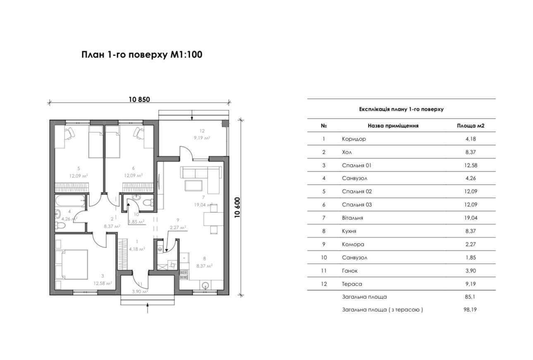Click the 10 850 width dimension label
pos(139,99)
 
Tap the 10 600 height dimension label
pos(237,207)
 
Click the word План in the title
pos(93,55)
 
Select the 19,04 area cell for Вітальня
pos(471,218)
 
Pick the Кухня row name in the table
pos(349,231)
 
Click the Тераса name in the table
pos(352,284)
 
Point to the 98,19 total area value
pos(470,310)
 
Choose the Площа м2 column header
pos(471,126)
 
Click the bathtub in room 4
pos(70,201)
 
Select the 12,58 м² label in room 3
pos(103,283)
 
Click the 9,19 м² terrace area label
pos(202,138)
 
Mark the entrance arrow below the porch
pos(148,308)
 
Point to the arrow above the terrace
pos(192,115)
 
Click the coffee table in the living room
pos(194,186)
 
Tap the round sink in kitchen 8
pos(205,285)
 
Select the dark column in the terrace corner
pos(225,124)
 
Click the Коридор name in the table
pos(354,139)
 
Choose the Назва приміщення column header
pos(393,126)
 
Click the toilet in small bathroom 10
pos(147,203)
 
